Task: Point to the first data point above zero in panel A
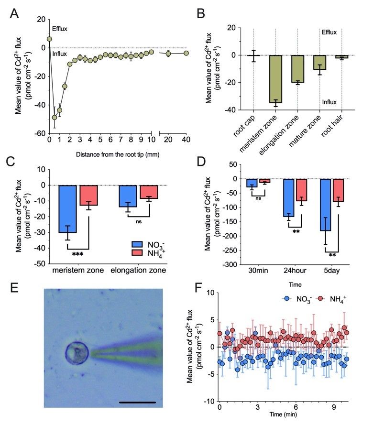[x=49, y=39]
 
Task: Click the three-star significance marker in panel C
[x=78, y=254]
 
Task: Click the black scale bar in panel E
[x=137, y=403]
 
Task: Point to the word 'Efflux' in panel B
[x=329, y=33]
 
